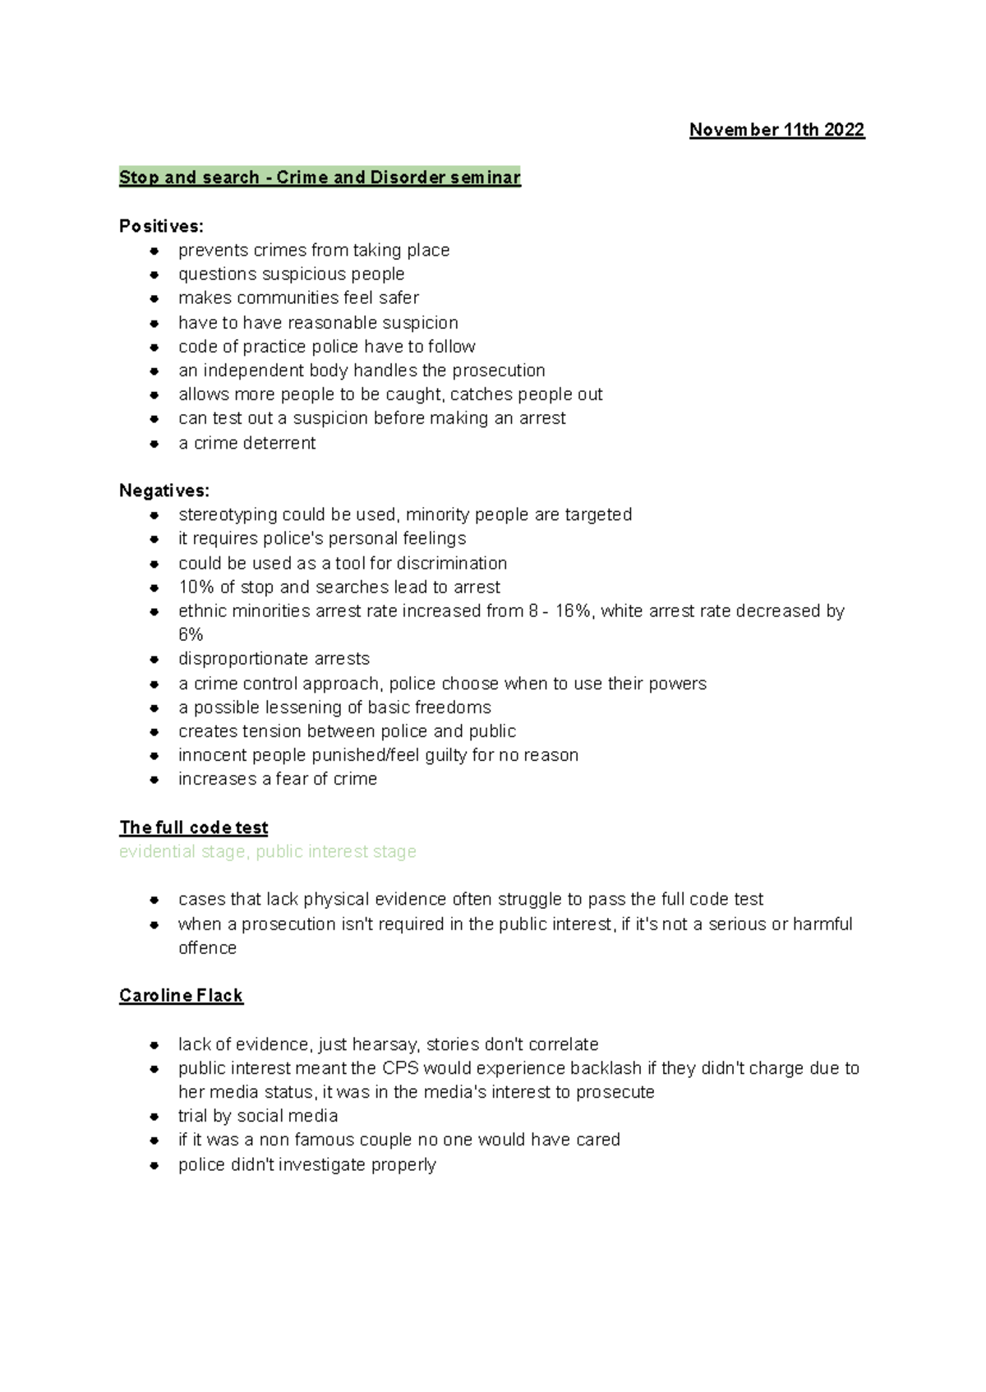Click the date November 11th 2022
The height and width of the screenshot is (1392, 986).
pos(776,130)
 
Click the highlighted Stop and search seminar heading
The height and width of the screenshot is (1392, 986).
pos(320,177)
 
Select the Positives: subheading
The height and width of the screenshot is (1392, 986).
pos(161,226)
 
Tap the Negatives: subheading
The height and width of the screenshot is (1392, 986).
pos(164,491)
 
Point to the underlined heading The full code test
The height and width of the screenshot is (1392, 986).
pos(194,827)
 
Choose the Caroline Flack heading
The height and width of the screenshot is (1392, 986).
pos(181,996)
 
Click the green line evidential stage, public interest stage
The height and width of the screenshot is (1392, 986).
pos(268,851)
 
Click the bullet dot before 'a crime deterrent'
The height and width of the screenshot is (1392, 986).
pos(154,444)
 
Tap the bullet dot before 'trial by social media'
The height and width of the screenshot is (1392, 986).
pos(154,1117)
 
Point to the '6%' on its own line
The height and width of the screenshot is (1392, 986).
pos(191,635)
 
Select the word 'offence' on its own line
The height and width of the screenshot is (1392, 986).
pos(207,948)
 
